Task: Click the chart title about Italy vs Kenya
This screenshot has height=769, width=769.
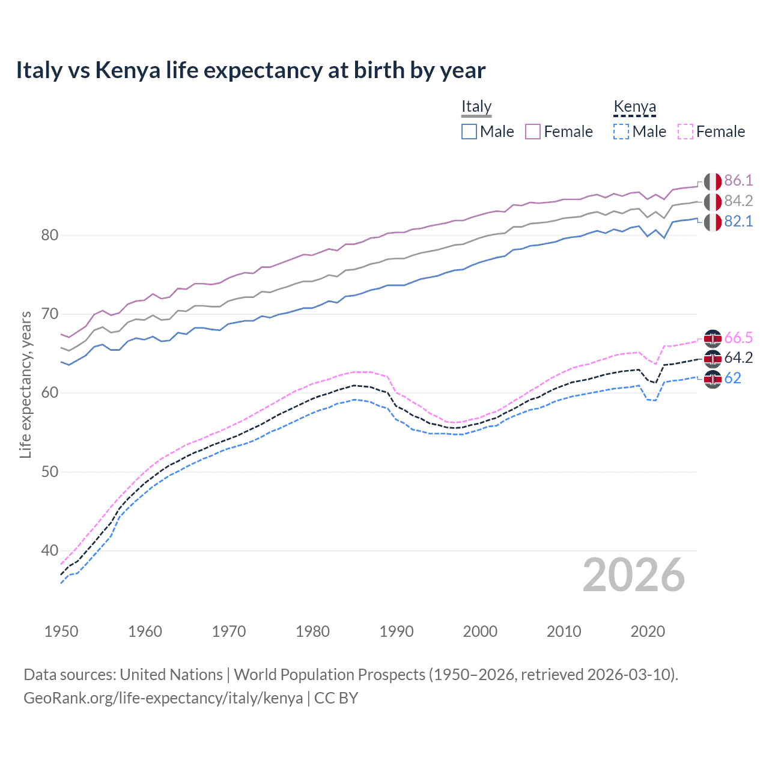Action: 251,70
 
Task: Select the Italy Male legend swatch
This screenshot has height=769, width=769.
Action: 469,132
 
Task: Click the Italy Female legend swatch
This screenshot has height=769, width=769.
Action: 533,132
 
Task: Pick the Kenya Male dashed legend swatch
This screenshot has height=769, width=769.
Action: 621,132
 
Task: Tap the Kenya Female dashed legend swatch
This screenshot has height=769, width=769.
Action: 685,132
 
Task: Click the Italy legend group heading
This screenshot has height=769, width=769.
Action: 476,106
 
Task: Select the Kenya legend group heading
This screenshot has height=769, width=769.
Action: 634,106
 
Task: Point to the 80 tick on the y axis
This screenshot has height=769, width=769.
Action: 50,235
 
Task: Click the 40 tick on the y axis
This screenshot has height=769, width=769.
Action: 50,550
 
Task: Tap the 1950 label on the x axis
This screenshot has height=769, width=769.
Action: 61,631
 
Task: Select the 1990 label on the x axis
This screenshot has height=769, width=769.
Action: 397,631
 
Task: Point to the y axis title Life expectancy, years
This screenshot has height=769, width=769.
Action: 25,384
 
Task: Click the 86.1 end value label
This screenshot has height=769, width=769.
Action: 738,181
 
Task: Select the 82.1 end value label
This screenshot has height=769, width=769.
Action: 738,222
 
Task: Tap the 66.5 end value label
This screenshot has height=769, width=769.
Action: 738,338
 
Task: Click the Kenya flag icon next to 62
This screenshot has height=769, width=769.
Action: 713,379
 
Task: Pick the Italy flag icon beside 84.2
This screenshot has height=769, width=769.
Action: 713,202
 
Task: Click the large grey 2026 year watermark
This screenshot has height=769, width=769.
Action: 633,575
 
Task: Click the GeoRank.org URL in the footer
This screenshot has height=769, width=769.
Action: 163,698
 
